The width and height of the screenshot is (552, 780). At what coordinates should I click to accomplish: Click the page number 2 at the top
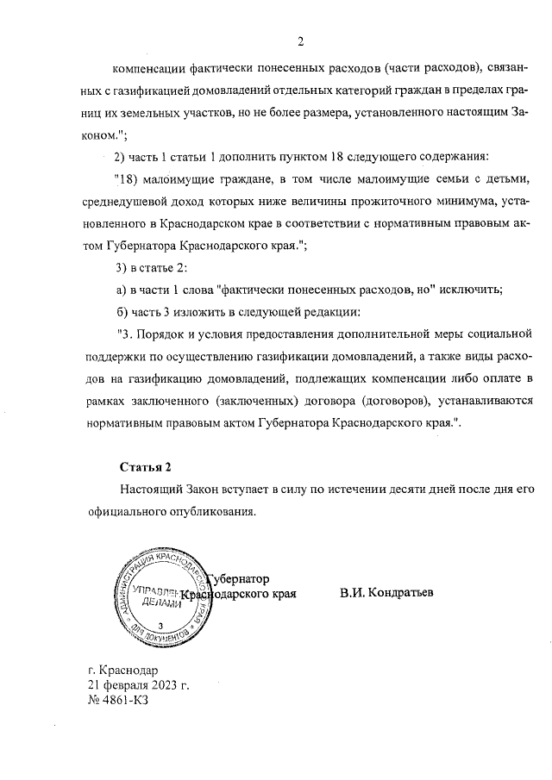click(300, 41)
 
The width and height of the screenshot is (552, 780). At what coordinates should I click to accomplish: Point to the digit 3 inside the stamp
click(161, 625)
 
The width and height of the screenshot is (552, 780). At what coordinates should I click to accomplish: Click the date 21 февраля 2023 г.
click(138, 685)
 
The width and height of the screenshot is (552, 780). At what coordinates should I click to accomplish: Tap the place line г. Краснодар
click(123, 670)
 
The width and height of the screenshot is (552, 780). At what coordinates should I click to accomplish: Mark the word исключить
click(472, 289)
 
